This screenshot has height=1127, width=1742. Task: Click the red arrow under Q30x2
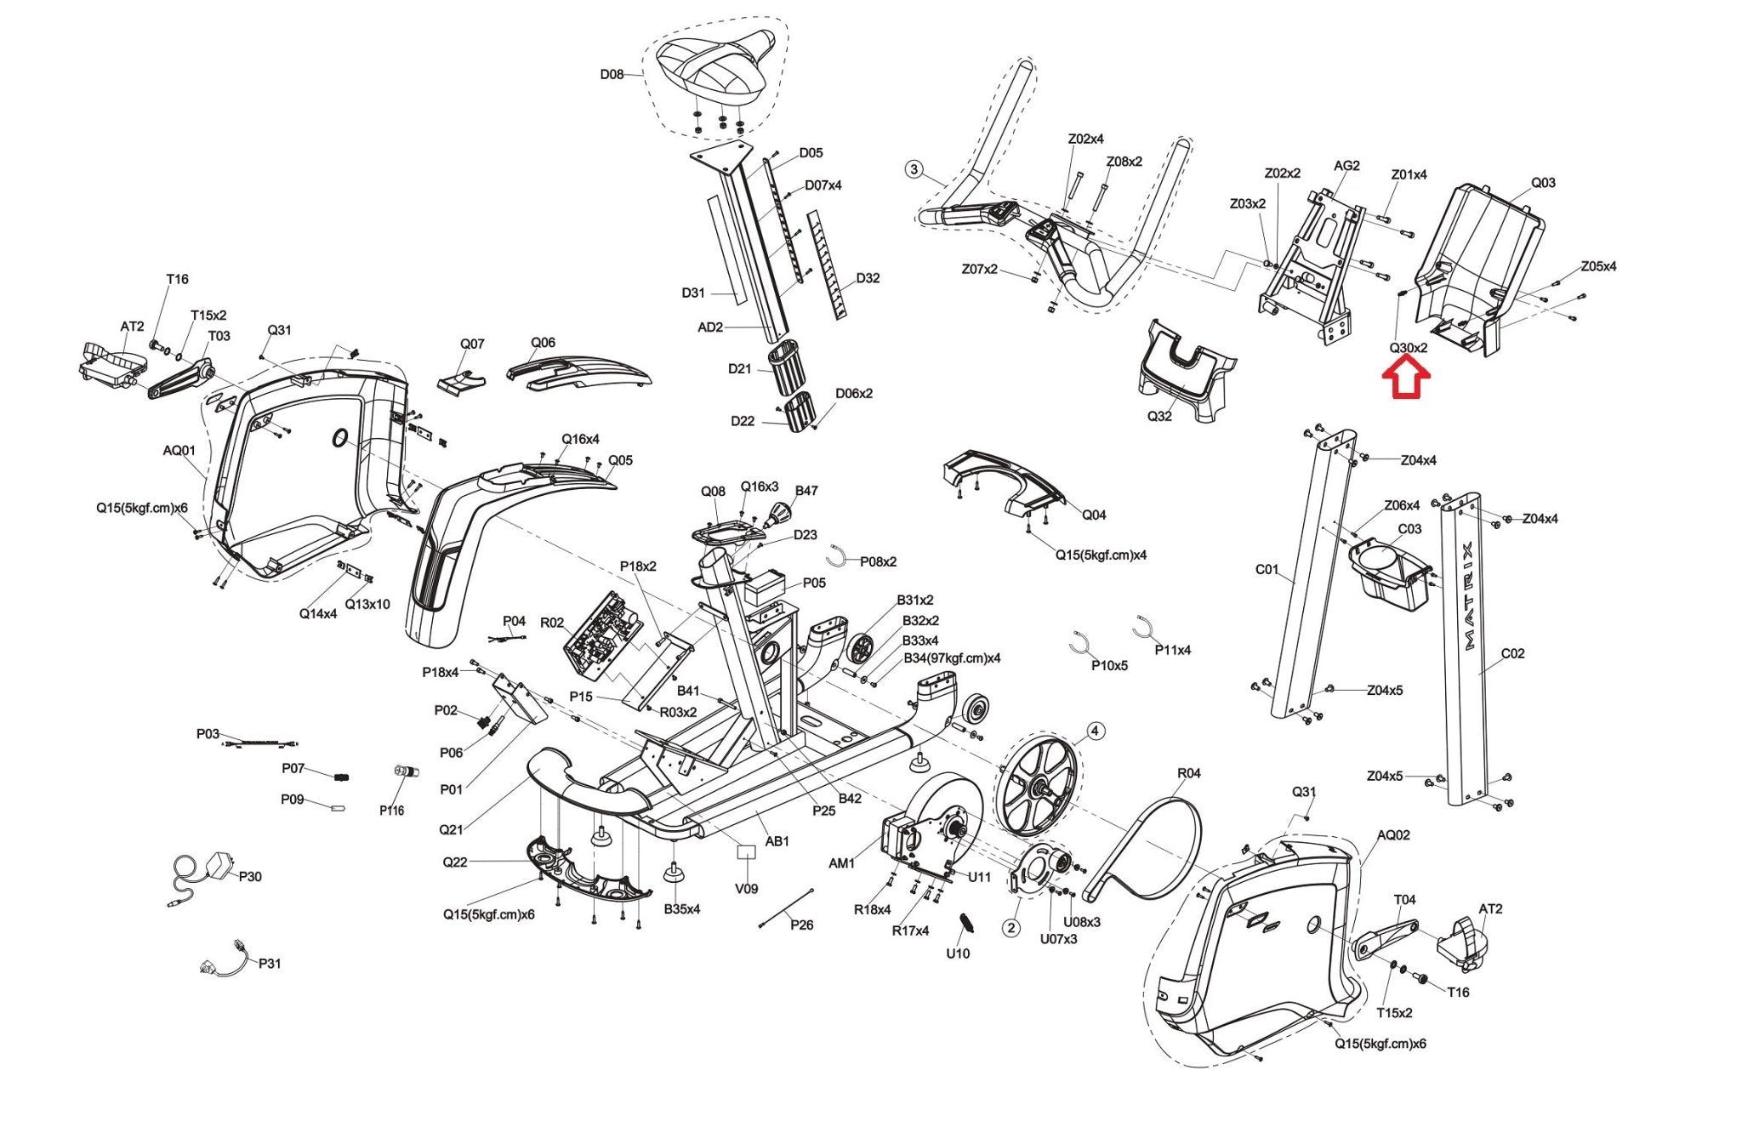[1409, 379]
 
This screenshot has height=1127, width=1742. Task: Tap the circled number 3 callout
[914, 169]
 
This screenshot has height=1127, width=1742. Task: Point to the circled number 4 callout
[1095, 731]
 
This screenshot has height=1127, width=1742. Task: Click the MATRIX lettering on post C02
[1469, 596]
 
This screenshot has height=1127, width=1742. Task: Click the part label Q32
[1159, 417]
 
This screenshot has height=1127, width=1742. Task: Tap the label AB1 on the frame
[777, 841]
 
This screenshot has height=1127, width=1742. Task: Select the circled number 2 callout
[1010, 927]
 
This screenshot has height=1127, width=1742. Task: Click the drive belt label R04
[1188, 773]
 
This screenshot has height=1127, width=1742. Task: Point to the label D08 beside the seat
[612, 75]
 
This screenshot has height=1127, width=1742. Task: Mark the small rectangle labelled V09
[746, 852]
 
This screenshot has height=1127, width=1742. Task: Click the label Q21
[451, 829]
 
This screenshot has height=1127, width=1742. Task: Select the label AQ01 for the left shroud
[179, 451]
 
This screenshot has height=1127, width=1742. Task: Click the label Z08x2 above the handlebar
[1124, 162]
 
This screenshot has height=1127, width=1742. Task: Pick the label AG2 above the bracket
[1346, 166]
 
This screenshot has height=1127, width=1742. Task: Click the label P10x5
[1109, 665]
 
